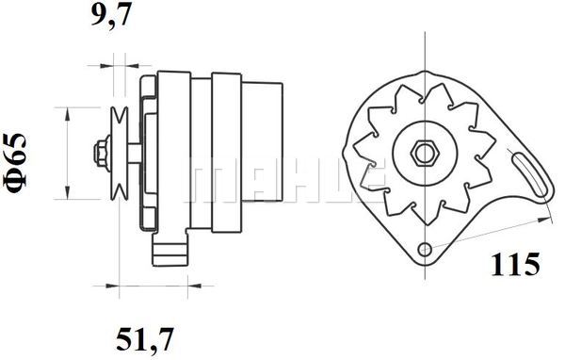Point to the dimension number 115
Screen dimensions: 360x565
tap(516, 265)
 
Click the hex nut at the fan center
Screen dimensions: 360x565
tap(423, 151)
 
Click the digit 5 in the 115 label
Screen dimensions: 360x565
tap(532, 265)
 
